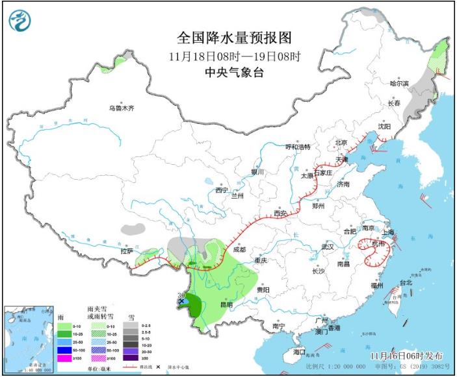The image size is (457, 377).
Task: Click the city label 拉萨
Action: click(x=127, y=250)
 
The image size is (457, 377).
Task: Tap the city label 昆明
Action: click(x=226, y=304)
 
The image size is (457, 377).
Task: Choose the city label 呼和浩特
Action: click(x=298, y=147)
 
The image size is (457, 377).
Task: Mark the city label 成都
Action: click(x=239, y=249)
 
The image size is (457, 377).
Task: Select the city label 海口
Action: click(x=299, y=351)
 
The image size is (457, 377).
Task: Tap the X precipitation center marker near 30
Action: click(x=181, y=302)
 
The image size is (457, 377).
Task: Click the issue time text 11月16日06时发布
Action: click(x=406, y=356)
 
